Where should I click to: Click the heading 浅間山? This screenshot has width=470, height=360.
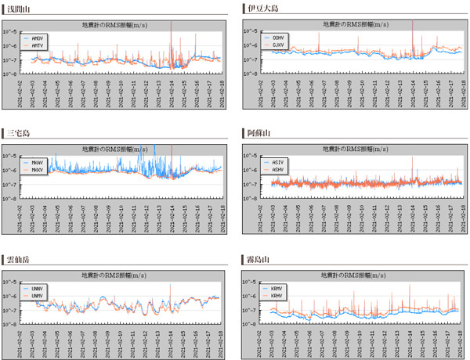[x=16, y=8]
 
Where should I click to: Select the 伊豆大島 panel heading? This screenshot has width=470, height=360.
[x=260, y=8]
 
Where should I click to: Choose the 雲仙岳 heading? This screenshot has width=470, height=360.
[x=16, y=257]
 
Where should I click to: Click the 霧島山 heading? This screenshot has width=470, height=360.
[x=256, y=257]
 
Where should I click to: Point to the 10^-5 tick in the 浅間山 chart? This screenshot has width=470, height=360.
[x=11, y=31]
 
